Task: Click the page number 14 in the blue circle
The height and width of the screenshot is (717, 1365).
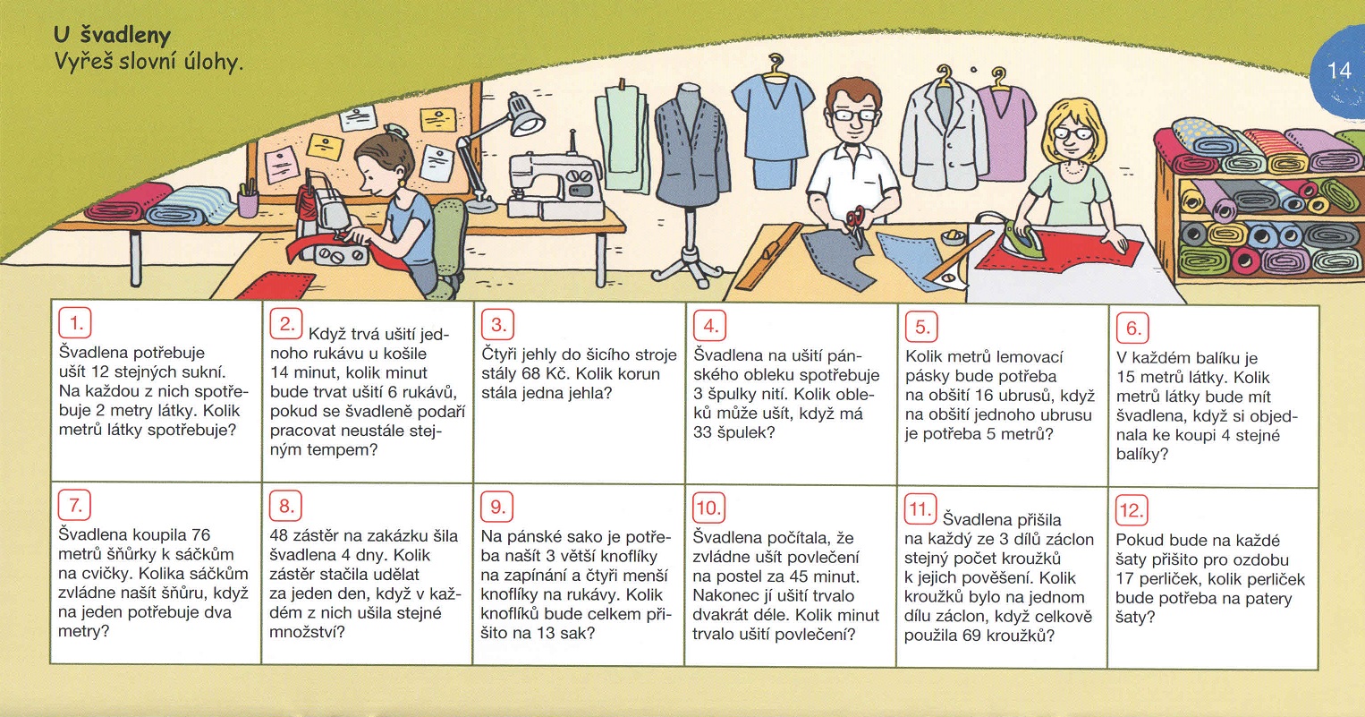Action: (1340, 72)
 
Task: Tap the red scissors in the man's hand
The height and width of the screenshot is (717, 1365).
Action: (855, 223)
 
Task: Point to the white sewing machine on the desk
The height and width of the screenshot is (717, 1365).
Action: (555, 183)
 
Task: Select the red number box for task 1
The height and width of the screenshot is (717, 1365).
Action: (75, 323)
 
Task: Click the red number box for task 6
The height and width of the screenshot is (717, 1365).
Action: (1132, 328)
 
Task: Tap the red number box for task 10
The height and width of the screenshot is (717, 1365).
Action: (708, 508)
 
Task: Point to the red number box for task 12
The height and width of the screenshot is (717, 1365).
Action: (1132, 509)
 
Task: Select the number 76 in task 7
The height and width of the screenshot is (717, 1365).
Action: (200, 534)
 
